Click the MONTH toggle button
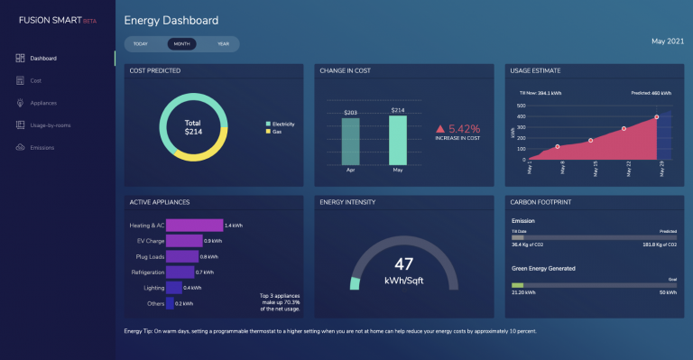pos(181,43)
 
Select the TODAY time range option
pos(141,43)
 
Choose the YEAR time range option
pos(223,43)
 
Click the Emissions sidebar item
pos(42,147)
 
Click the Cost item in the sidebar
pos(36,80)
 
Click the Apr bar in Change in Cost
pos(351,141)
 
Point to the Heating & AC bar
pos(194,225)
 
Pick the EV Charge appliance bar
pos(184,241)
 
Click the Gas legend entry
pos(276,132)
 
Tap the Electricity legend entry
pos(283,124)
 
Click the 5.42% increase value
pos(464,129)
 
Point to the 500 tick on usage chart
pos(521,106)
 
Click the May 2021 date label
pos(668,42)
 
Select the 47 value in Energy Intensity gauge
pos(404,263)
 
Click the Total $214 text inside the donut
pos(192,126)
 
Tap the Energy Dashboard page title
pos(171,20)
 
